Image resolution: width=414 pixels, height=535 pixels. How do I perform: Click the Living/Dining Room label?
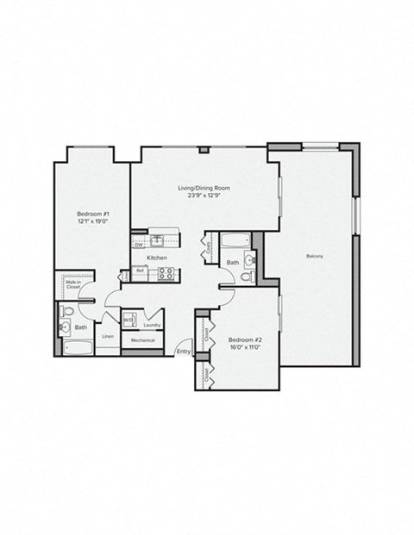[x=204, y=187]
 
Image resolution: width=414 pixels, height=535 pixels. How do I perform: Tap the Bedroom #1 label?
[x=91, y=213]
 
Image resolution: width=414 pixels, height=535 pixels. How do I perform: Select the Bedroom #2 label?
[x=244, y=339]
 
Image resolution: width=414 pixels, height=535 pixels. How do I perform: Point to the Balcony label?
[x=315, y=257]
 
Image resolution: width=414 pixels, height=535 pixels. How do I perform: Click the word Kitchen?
[x=156, y=258]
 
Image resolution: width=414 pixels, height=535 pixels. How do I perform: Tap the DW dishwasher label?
[x=137, y=244]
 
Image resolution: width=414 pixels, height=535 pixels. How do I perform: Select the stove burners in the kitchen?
[x=166, y=275]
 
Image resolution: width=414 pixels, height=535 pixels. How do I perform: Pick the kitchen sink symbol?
[x=159, y=240]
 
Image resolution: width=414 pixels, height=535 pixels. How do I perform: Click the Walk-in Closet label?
[x=72, y=283]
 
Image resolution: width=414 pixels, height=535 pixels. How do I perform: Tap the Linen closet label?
[x=108, y=336]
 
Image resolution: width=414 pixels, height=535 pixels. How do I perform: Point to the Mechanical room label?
[x=141, y=341]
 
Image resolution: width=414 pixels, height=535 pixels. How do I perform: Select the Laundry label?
[x=153, y=325]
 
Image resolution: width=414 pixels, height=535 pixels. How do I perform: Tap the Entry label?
[x=184, y=351]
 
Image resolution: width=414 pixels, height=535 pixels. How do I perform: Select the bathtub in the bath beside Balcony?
[x=235, y=240]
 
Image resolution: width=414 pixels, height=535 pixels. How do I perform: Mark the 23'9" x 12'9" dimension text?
[x=204, y=196]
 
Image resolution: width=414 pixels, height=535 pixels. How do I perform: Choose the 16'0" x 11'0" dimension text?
[x=244, y=349]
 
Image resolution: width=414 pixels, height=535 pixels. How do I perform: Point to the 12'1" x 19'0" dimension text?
[x=91, y=221]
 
